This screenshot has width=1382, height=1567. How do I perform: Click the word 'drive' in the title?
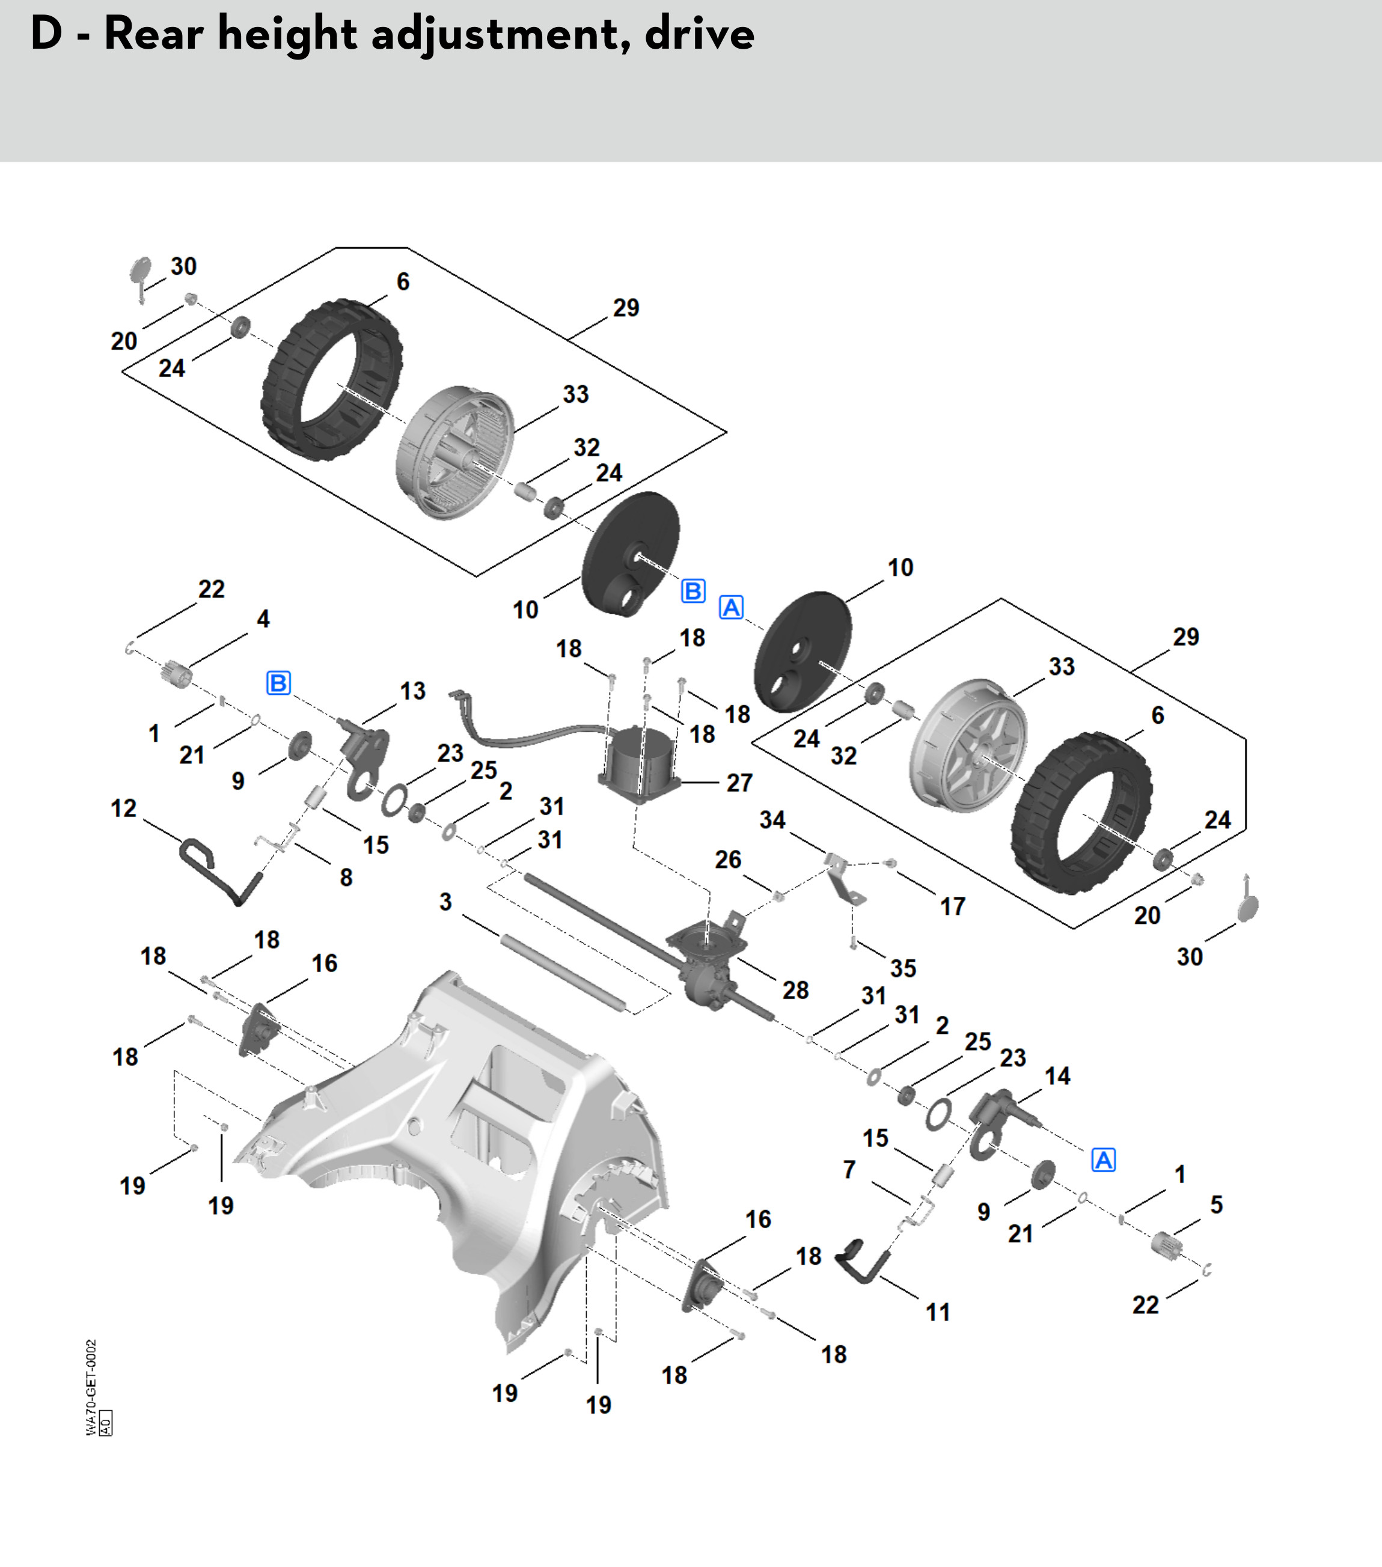(x=699, y=34)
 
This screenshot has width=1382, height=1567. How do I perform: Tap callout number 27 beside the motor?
(x=739, y=783)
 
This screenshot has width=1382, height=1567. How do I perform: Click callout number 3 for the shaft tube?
(x=445, y=902)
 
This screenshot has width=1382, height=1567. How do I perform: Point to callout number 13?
(x=412, y=691)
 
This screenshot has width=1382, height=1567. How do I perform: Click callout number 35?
(x=903, y=968)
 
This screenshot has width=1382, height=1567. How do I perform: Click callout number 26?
(x=727, y=860)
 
